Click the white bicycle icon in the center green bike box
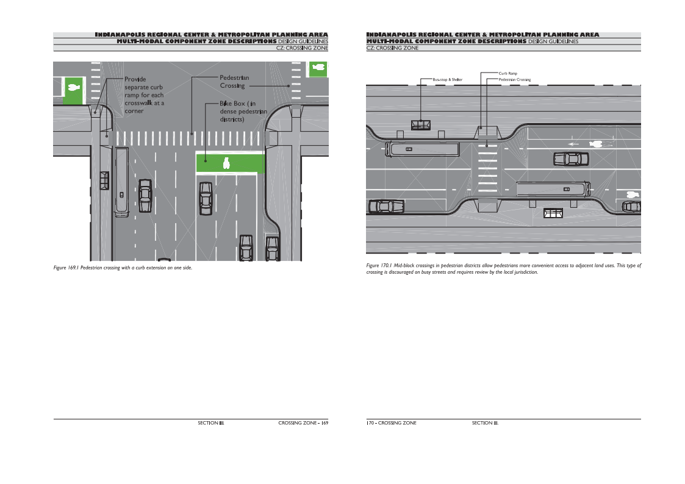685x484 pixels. coord(226,162)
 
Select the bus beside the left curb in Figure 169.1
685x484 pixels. coord(122,181)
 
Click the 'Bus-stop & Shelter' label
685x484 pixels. coord(447,80)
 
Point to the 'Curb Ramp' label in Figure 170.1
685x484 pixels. coord(507,74)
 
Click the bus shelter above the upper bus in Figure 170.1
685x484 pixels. coord(421,125)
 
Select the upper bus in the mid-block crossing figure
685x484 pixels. coord(423,148)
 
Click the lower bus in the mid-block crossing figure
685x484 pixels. coord(553,188)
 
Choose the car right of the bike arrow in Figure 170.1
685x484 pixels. coord(571,159)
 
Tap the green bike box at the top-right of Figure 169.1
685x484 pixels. coord(317,69)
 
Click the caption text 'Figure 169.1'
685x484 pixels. coord(66,268)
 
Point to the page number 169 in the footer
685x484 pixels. coord(325,423)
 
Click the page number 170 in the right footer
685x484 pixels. coord(370,423)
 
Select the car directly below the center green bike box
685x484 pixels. coord(206,198)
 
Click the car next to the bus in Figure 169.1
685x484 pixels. coord(145,195)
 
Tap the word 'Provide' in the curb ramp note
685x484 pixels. coord(135,79)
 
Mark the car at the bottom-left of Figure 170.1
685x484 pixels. coord(386,206)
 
